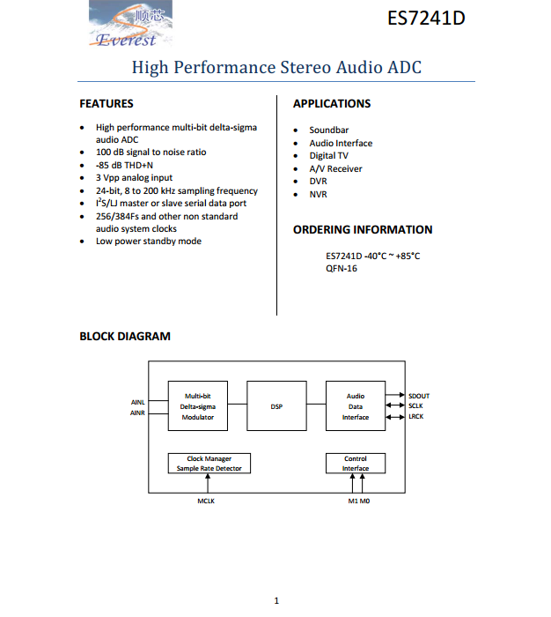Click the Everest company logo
point(130,24)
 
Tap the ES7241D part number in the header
point(426,19)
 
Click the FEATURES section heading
point(107,103)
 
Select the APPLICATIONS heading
point(332,103)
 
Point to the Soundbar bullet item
point(329,130)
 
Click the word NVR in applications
point(319,194)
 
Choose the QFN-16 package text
point(342,268)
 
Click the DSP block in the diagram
point(276,405)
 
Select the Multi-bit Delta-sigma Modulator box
point(198,405)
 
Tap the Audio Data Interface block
point(356,405)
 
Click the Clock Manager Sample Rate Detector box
point(209,463)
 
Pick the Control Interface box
point(356,463)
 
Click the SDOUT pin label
point(419,396)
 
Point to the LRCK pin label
point(415,416)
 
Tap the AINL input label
point(138,402)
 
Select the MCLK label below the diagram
point(206,501)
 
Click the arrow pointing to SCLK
point(395,405)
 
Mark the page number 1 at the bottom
point(276,600)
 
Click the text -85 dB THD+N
point(124,166)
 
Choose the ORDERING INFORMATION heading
point(363,229)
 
